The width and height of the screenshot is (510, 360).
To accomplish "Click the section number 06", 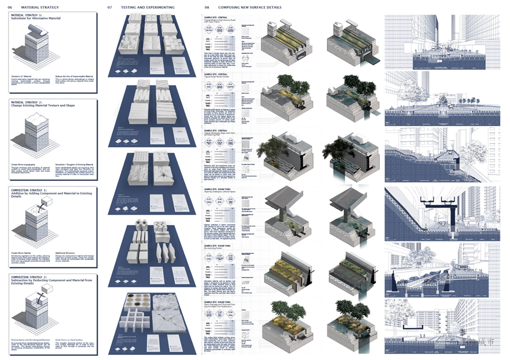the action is click(10, 7).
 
